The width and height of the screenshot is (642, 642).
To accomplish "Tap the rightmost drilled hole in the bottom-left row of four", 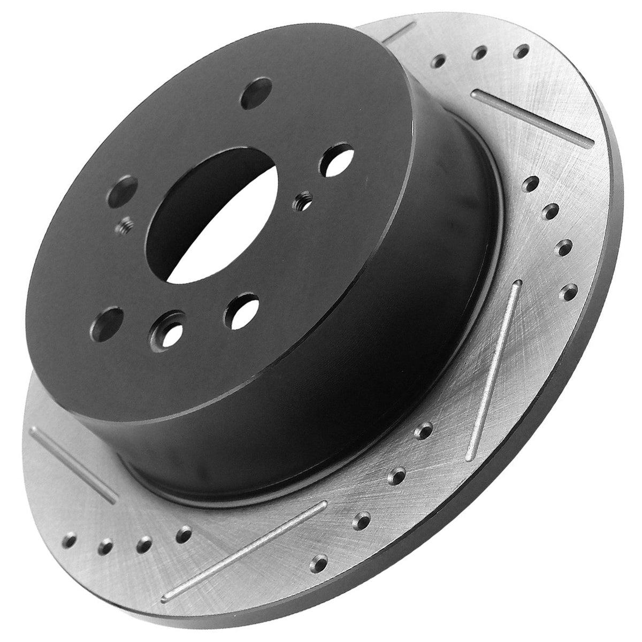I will tap(184, 532).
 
